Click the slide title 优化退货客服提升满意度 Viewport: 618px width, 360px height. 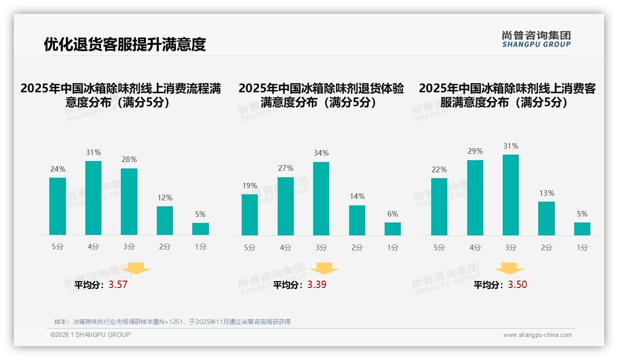point(125,44)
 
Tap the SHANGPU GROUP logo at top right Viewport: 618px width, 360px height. point(536,39)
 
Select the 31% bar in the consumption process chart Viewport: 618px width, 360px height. point(93,198)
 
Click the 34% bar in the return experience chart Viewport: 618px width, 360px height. point(321,198)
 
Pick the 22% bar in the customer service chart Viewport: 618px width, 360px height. point(439,206)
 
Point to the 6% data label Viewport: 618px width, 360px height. point(392,214)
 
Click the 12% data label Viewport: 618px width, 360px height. point(165,198)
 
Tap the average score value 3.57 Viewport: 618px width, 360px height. point(118,285)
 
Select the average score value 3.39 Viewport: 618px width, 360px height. point(317,285)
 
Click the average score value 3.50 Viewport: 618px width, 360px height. point(517,285)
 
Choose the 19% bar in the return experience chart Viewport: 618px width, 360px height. point(250,215)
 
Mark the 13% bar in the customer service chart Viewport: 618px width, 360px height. point(547,218)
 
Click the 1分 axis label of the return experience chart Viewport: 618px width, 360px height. point(392,248)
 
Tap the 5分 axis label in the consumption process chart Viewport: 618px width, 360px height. point(58,247)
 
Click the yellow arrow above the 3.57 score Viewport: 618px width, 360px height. point(136,268)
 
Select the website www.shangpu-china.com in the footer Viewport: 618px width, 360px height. point(537,335)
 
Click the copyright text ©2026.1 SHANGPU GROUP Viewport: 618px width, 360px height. point(90,335)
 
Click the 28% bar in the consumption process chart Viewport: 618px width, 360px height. point(129,202)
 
